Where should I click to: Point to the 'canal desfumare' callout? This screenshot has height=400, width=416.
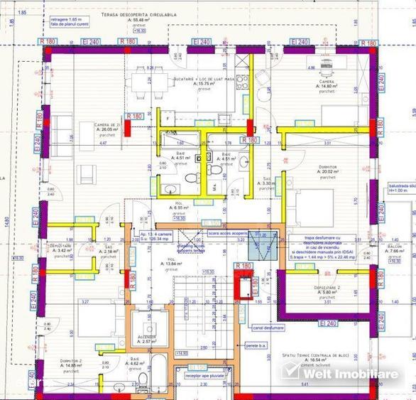click(x=268, y=328)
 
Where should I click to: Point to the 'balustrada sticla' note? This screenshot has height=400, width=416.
click(x=400, y=188)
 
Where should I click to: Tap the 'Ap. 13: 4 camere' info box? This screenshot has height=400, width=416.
click(x=160, y=236)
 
